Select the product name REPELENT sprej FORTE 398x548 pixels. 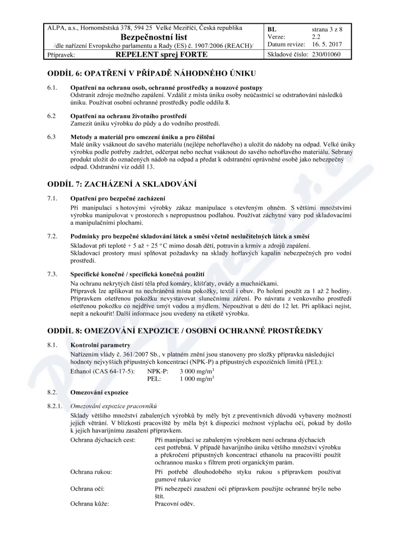click(x=161, y=54)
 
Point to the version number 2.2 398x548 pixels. click(x=317, y=37)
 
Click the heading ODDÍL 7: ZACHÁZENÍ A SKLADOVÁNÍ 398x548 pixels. click(x=122, y=185)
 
